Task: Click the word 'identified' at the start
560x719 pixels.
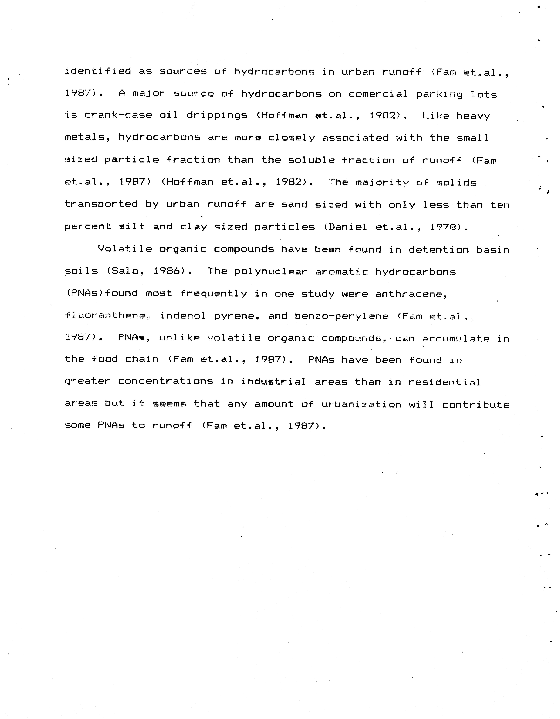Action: click(98, 71)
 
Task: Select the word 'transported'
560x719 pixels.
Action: click(101, 204)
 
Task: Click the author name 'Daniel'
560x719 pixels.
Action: click(345, 227)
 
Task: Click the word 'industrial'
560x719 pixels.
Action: click(273, 382)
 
